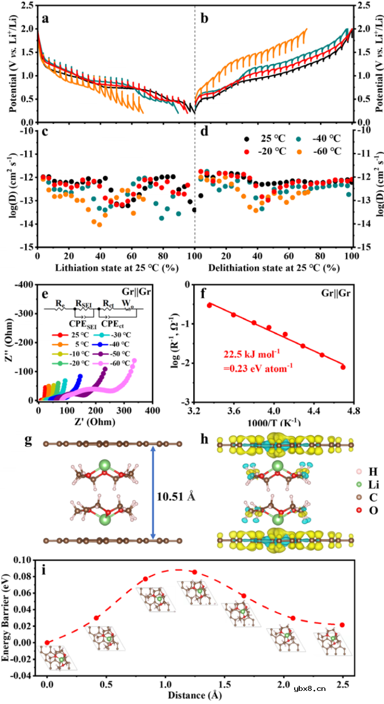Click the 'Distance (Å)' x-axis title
click(192, 696)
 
